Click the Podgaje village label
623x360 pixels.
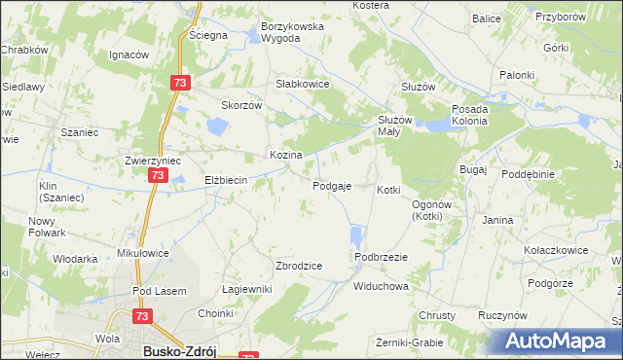click(x=332, y=186)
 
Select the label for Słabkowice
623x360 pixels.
click(x=304, y=85)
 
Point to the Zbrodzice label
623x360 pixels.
click(x=300, y=266)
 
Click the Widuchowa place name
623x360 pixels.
click(x=380, y=287)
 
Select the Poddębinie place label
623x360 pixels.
click(x=529, y=174)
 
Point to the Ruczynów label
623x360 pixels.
click(x=502, y=316)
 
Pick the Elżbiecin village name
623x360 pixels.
click(x=227, y=180)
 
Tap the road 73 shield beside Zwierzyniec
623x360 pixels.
click(x=158, y=176)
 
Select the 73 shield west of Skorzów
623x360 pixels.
click(x=179, y=84)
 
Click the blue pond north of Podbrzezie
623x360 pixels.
click(x=356, y=234)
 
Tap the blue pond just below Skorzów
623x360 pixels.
click(x=216, y=125)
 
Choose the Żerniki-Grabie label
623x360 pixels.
click(x=409, y=342)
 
